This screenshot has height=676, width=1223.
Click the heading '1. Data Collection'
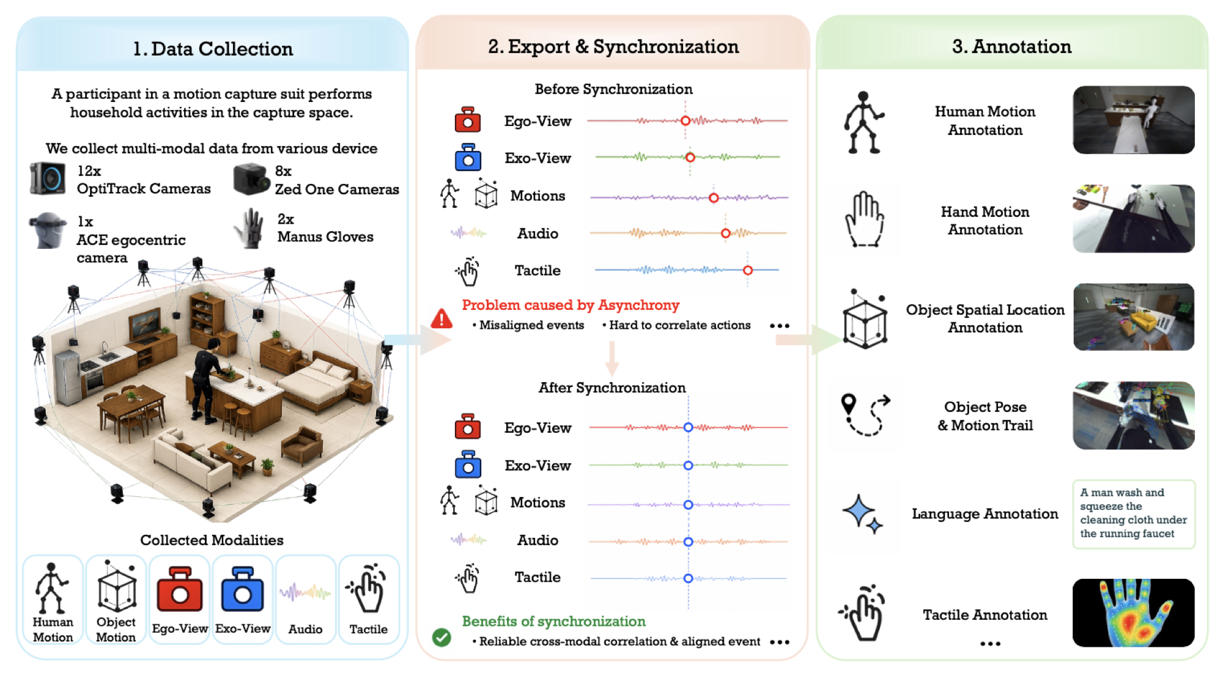(x=213, y=49)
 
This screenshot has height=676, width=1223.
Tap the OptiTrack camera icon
(x=48, y=178)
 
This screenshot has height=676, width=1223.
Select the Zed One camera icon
(x=251, y=178)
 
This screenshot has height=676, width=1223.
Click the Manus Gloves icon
(x=250, y=229)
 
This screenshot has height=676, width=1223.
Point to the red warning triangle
(x=442, y=318)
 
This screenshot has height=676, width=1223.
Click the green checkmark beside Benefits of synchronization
(x=442, y=637)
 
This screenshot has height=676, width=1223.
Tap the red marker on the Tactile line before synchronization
(x=748, y=270)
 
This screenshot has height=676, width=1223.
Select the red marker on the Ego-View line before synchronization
(x=685, y=121)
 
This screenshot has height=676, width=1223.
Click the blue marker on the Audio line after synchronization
(x=688, y=542)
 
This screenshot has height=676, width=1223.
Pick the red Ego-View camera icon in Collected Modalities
(x=180, y=590)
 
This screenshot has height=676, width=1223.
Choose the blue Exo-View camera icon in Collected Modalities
(x=243, y=590)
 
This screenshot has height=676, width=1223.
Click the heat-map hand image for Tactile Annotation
(x=1134, y=612)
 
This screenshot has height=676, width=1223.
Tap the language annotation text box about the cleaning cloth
(x=1134, y=514)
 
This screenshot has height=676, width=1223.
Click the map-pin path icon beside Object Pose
(x=866, y=415)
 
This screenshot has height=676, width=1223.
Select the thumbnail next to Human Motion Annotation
(x=1134, y=120)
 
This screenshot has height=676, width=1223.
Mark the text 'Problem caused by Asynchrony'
(x=571, y=305)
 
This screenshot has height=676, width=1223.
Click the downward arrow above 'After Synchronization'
(x=611, y=358)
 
